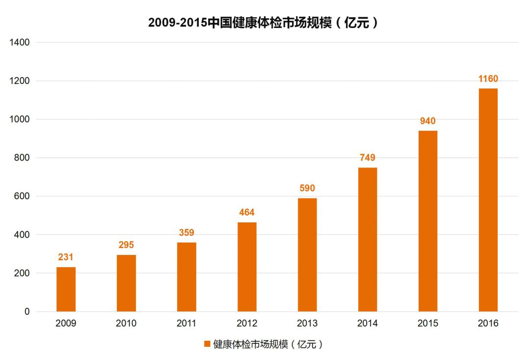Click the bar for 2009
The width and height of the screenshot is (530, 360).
[66, 289]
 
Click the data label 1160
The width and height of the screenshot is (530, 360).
[488, 79]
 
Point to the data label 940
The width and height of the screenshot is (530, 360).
[428, 121]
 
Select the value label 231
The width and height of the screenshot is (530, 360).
[66, 257]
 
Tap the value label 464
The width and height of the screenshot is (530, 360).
[247, 213]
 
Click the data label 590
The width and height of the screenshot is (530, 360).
[307, 188]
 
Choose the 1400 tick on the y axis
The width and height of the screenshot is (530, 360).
[20, 42]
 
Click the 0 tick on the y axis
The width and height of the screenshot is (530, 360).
[27, 312]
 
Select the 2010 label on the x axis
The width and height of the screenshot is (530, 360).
[126, 324]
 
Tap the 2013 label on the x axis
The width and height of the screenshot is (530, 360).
[307, 324]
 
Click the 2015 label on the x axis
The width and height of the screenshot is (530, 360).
[428, 324]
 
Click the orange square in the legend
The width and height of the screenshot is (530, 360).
[207, 344]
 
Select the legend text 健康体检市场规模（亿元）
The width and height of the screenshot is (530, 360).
[268, 344]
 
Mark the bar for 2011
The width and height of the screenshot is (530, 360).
[186, 277]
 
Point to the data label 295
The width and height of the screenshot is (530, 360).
[126, 245]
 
